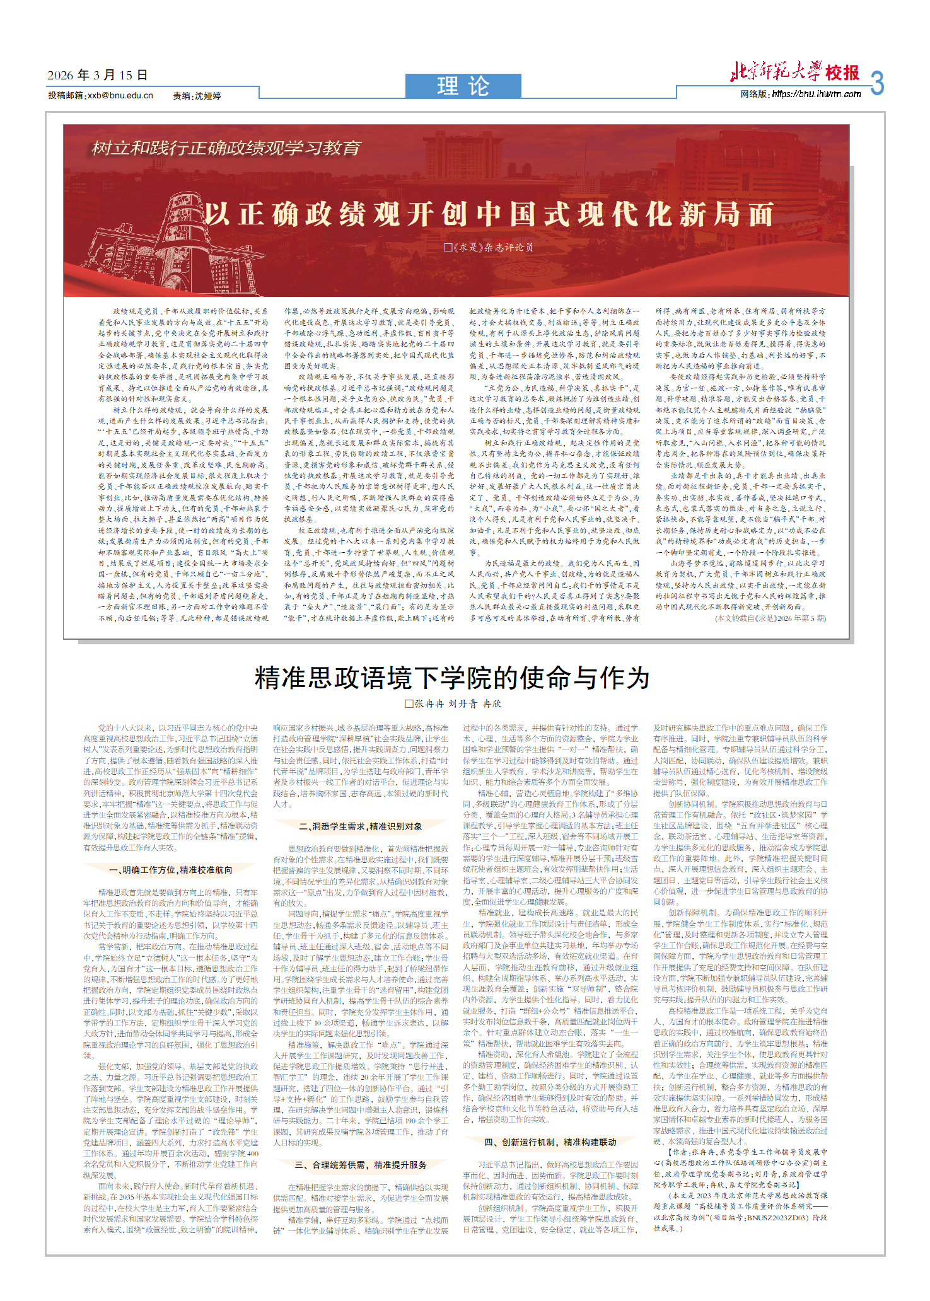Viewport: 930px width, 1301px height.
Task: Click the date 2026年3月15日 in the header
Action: click(97, 76)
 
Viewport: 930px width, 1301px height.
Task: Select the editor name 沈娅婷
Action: click(207, 96)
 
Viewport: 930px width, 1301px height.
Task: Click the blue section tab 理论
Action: click(463, 86)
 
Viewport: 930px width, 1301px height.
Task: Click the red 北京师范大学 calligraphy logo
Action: click(776, 72)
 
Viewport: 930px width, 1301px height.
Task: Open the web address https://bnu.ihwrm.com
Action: click(816, 94)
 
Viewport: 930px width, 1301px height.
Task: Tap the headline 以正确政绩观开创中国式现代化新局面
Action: click(489, 214)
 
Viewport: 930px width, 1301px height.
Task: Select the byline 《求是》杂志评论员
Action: click(489, 248)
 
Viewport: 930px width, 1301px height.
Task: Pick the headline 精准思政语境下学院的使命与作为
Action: click(452, 678)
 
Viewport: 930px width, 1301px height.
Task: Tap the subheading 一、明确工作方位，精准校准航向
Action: click(171, 870)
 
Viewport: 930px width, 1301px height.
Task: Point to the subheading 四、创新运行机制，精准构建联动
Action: click(550, 1142)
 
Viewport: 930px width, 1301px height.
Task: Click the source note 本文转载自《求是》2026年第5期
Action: click(770, 618)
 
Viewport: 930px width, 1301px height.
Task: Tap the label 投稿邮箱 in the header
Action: click(66, 95)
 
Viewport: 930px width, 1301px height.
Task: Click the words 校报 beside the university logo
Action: click(843, 73)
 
